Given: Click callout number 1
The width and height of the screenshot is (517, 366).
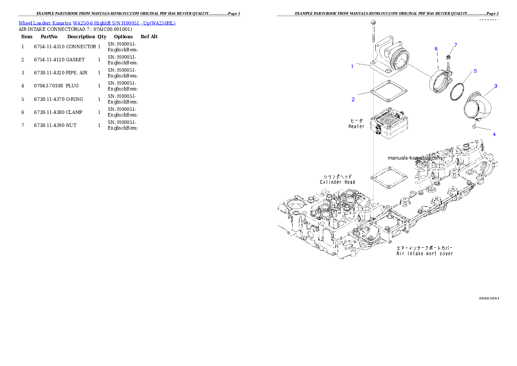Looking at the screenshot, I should tap(352, 67).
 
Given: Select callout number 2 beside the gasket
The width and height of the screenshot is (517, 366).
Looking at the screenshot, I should tap(353, 100).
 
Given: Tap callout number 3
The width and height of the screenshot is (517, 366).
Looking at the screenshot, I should tap(496, 86).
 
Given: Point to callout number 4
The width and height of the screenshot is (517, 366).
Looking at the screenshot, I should tap(494, 134).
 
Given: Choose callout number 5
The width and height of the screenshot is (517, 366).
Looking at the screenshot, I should tap(475, 71).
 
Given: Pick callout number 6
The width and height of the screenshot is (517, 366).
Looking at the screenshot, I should tap(436, 49).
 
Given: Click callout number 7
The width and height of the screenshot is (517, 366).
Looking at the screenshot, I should tap(456, 45).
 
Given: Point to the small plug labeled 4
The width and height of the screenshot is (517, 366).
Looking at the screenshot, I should tap(474, 126).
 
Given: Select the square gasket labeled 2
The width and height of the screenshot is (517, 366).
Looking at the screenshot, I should tap(389, 92).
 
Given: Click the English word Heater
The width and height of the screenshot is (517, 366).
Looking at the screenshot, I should tap(356, 126).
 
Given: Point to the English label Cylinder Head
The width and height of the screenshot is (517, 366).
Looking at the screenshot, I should tap(338, 182).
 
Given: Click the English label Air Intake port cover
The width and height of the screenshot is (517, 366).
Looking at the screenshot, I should tap(424, 253).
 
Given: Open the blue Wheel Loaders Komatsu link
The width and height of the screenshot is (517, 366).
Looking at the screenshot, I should tap(97, 23).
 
